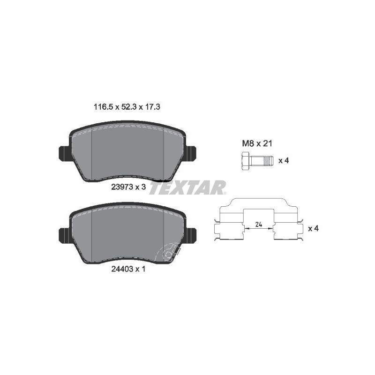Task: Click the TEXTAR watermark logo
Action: click(189, 187)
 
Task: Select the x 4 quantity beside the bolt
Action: click(283, 161)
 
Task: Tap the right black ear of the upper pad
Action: click(191, 153)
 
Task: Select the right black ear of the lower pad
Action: click(191, 234)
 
